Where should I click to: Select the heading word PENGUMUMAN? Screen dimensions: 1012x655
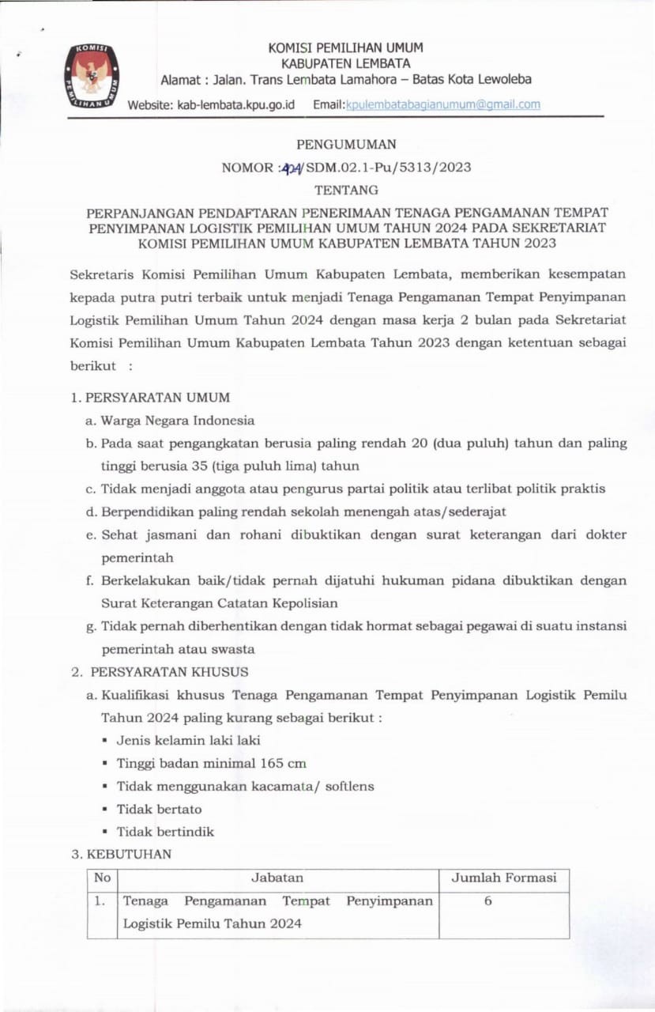click(346, 145)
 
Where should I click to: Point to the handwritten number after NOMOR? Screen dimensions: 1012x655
click(294, 168)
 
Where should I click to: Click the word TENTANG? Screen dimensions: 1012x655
click(346, 190)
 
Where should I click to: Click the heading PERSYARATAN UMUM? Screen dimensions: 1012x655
click(157, 397)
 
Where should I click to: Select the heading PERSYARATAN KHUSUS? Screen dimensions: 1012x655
click(169, 672)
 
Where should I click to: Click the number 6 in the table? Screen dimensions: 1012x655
click(488, 901)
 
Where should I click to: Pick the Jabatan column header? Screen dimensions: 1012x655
click(277, 878)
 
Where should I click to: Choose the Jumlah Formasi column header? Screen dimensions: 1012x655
click(504, 878)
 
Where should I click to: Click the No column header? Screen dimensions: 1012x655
click(102, 878)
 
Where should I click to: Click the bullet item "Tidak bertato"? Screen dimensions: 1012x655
click(159, 809)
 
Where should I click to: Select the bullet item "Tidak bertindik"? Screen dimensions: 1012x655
click(165, 832)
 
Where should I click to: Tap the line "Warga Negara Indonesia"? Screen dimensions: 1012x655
click(177, 420)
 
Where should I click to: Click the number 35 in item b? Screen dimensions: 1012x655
click(200, 466)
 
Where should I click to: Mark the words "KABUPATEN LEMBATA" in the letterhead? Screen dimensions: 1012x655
click(346, 63)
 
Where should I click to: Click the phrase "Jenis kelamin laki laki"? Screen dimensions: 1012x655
click(188, 741)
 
